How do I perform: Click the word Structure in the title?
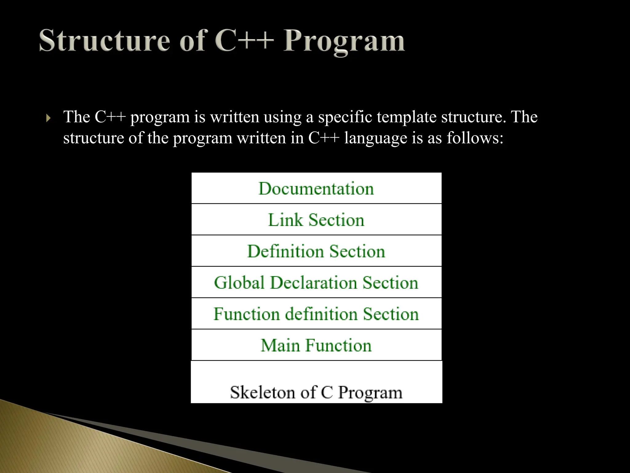[x=104, y=41]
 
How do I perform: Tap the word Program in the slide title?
[x=344, y=42]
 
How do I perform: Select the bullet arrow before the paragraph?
[x=48, y=118]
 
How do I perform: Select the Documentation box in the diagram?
[x=316, y=188]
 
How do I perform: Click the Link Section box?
[x=316, y=220]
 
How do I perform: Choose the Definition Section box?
[x=316, y=251]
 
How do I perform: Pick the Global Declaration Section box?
[x=316, y=283]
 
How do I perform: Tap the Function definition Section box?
[x=316, y=314]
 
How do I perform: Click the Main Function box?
[x=316, y=345]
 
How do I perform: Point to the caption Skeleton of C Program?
[x=316, y=392]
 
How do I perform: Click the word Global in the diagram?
[x=239, y=283]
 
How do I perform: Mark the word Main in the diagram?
[x=280, y=345]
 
